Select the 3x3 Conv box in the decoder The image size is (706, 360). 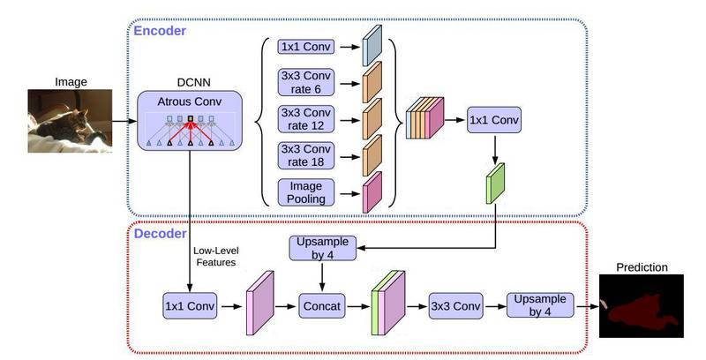(x=455, y=306)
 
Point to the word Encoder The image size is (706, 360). (x=159, y=31)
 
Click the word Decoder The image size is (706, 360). (x=159, y=234)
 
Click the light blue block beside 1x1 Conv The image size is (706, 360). (x=371, y=45)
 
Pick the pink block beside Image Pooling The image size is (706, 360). (x=371, y=191)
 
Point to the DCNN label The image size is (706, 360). (x=190, y=77)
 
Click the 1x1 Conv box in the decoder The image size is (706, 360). (x=190, y=306)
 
